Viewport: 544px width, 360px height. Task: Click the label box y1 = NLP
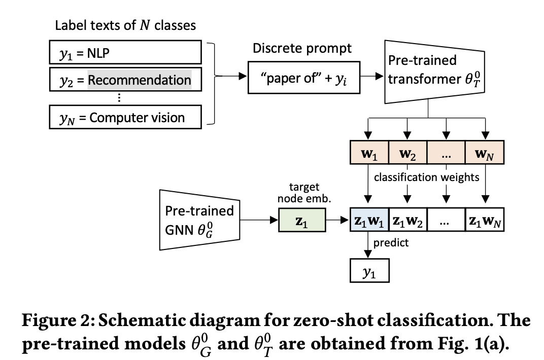pyautogui.click(x=125, y=52)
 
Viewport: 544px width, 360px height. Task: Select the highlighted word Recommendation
pyautogui.click(x=140, y=80)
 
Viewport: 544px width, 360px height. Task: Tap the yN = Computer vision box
pyautogui.click(x=125, y=117)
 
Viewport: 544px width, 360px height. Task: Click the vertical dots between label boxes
pyautogui.click(x=119, y=97)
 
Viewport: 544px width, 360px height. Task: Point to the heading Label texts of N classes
pyautogui.click(x=125, y=25)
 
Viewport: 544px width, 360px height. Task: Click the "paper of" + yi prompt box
pyautogui.click(x=304, y=78)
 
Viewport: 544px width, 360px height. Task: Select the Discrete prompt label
pyautogui.click(x=302, y=48)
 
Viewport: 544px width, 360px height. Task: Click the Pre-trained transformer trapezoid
pyautogui.click(x=434, y=71)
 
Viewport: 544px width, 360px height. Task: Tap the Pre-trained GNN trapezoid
pyautogui.click(x=199, y=220)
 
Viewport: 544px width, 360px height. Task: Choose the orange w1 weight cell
pyautogui.click(x=369, y=152)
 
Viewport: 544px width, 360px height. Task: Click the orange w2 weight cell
pyautogui.click(x=407, y=152)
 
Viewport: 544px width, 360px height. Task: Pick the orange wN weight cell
pyautogui.click(x=484, y=152)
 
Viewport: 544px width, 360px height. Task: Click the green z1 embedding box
pyautogui.click(x=302, y=220)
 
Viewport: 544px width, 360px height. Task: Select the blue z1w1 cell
pyautogui.click(x=369, y=220)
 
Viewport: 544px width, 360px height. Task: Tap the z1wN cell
pyautogui.click(x=484, y=220)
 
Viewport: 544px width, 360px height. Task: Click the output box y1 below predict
pyautogui.click(x=369, y=271)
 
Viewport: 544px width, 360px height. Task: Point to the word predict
pyautogui.click(x=391, y=242)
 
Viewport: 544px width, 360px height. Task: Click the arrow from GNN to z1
pyautogui.click(x=259, y=220)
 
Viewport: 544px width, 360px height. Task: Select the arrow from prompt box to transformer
pyautogui.click(x=372, y=76)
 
